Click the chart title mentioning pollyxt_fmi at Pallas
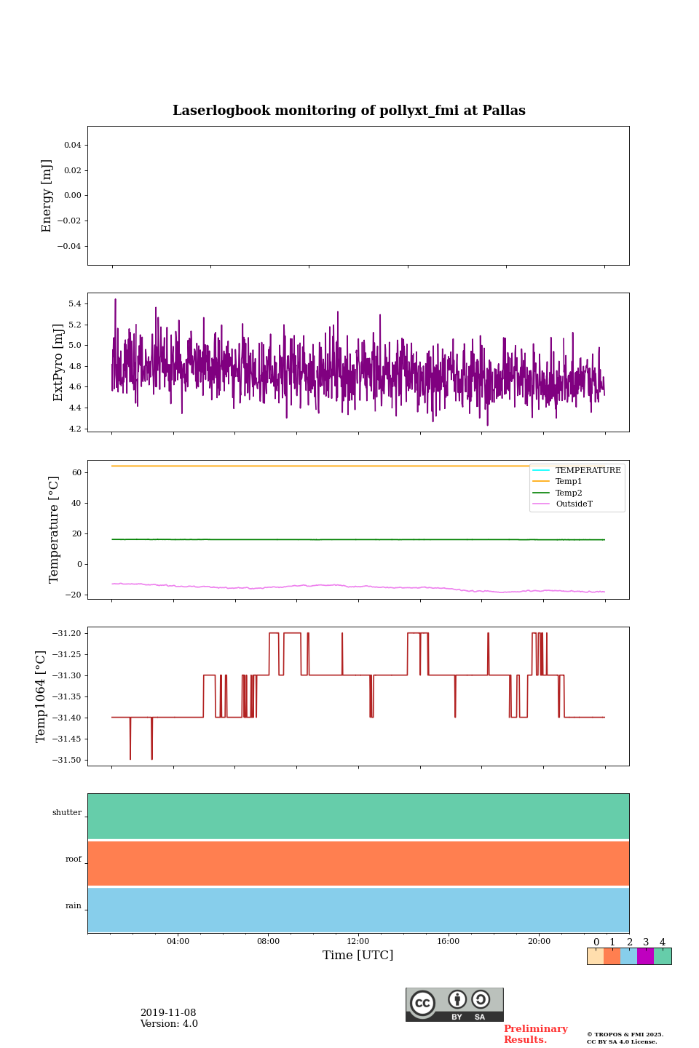coord(349,111)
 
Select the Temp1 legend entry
coord(569,482)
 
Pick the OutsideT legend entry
coord(574,504)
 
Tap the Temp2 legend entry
coord(569,493)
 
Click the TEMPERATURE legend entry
coord(588,470)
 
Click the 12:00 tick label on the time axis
coord(358,941)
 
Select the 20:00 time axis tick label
coord(539,941)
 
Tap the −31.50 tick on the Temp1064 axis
coord(66,760)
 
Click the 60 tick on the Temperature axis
coord(76,472)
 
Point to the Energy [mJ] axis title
coord(47,196)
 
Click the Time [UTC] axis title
coord(358,955)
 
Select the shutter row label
coord(67,813)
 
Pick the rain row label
coord(74,906)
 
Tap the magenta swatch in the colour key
coord(645,956)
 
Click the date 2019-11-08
coord(168,1013)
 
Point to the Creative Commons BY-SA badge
coord(454,1004)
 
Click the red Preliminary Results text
coord(535,1034)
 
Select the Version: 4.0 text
coord(169,1024)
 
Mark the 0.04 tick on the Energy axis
coord(72,145)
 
